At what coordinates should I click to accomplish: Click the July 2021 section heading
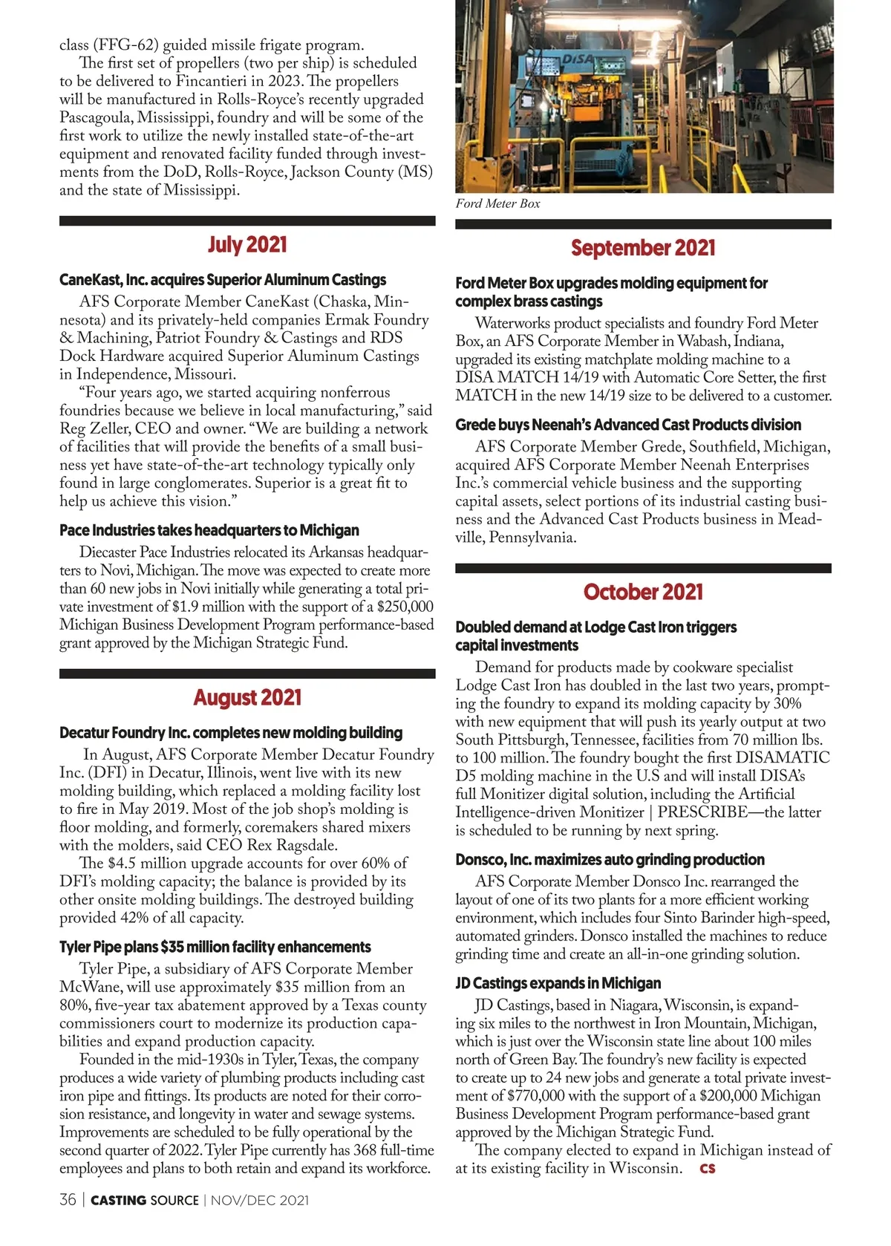pyautogui.click(x=247, y=245)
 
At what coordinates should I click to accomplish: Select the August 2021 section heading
pyautogui.click(x=247, y=698)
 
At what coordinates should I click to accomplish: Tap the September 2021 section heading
pyautogui.click(x=643, y=248)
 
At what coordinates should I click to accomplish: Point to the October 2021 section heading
pyautogui.click(x=643, y=592)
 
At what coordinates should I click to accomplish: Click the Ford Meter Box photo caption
pyautogui.click(x=497, y=203)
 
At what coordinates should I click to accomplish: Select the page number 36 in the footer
pyautogui.click(x=68, y=1200)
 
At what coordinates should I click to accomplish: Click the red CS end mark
pyautogui.click(x=707, y=1169)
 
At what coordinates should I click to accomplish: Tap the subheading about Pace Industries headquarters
pyautogui.click(x=209, y=530)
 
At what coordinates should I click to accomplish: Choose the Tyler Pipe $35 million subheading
pyautogui.click(x=215, y=947)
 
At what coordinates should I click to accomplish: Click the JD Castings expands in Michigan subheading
pyautogui.click(x=558, y=983)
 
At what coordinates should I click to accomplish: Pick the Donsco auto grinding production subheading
pyautogui.click(x=610, y=859)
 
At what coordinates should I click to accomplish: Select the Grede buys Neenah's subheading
pyautogui.click(x=628, y=425)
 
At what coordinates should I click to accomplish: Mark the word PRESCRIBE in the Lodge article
pyautogui.click(x=702, y=812)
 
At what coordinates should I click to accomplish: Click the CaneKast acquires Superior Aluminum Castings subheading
pyautogui.click(x=223, y=280)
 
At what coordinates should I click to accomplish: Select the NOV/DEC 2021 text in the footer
pyautogui.click(x=260, y=1201)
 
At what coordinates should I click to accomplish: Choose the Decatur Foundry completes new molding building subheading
pyautogui.click(x=231, y=733)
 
